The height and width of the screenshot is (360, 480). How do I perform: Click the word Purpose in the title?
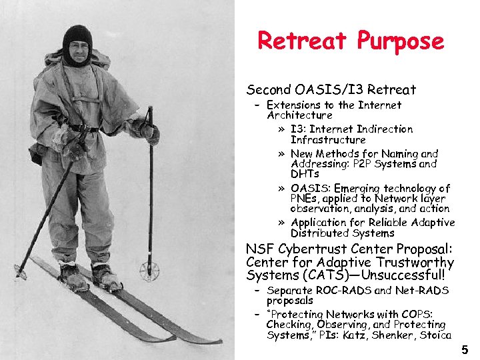(x=400, y=41)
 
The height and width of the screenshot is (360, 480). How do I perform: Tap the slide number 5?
(x=465, y=349)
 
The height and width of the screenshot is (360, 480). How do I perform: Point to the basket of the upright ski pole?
(x=148, y=271)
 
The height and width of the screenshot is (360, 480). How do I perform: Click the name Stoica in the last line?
(x=435, y=335)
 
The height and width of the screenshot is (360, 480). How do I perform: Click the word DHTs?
(x=305, y=173)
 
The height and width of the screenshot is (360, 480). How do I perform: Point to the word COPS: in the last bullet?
(x=414, y=314)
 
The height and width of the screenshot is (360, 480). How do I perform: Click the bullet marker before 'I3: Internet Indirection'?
(x=283, y=129)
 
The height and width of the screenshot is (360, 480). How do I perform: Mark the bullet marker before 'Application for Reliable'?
(x=283, y=223)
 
